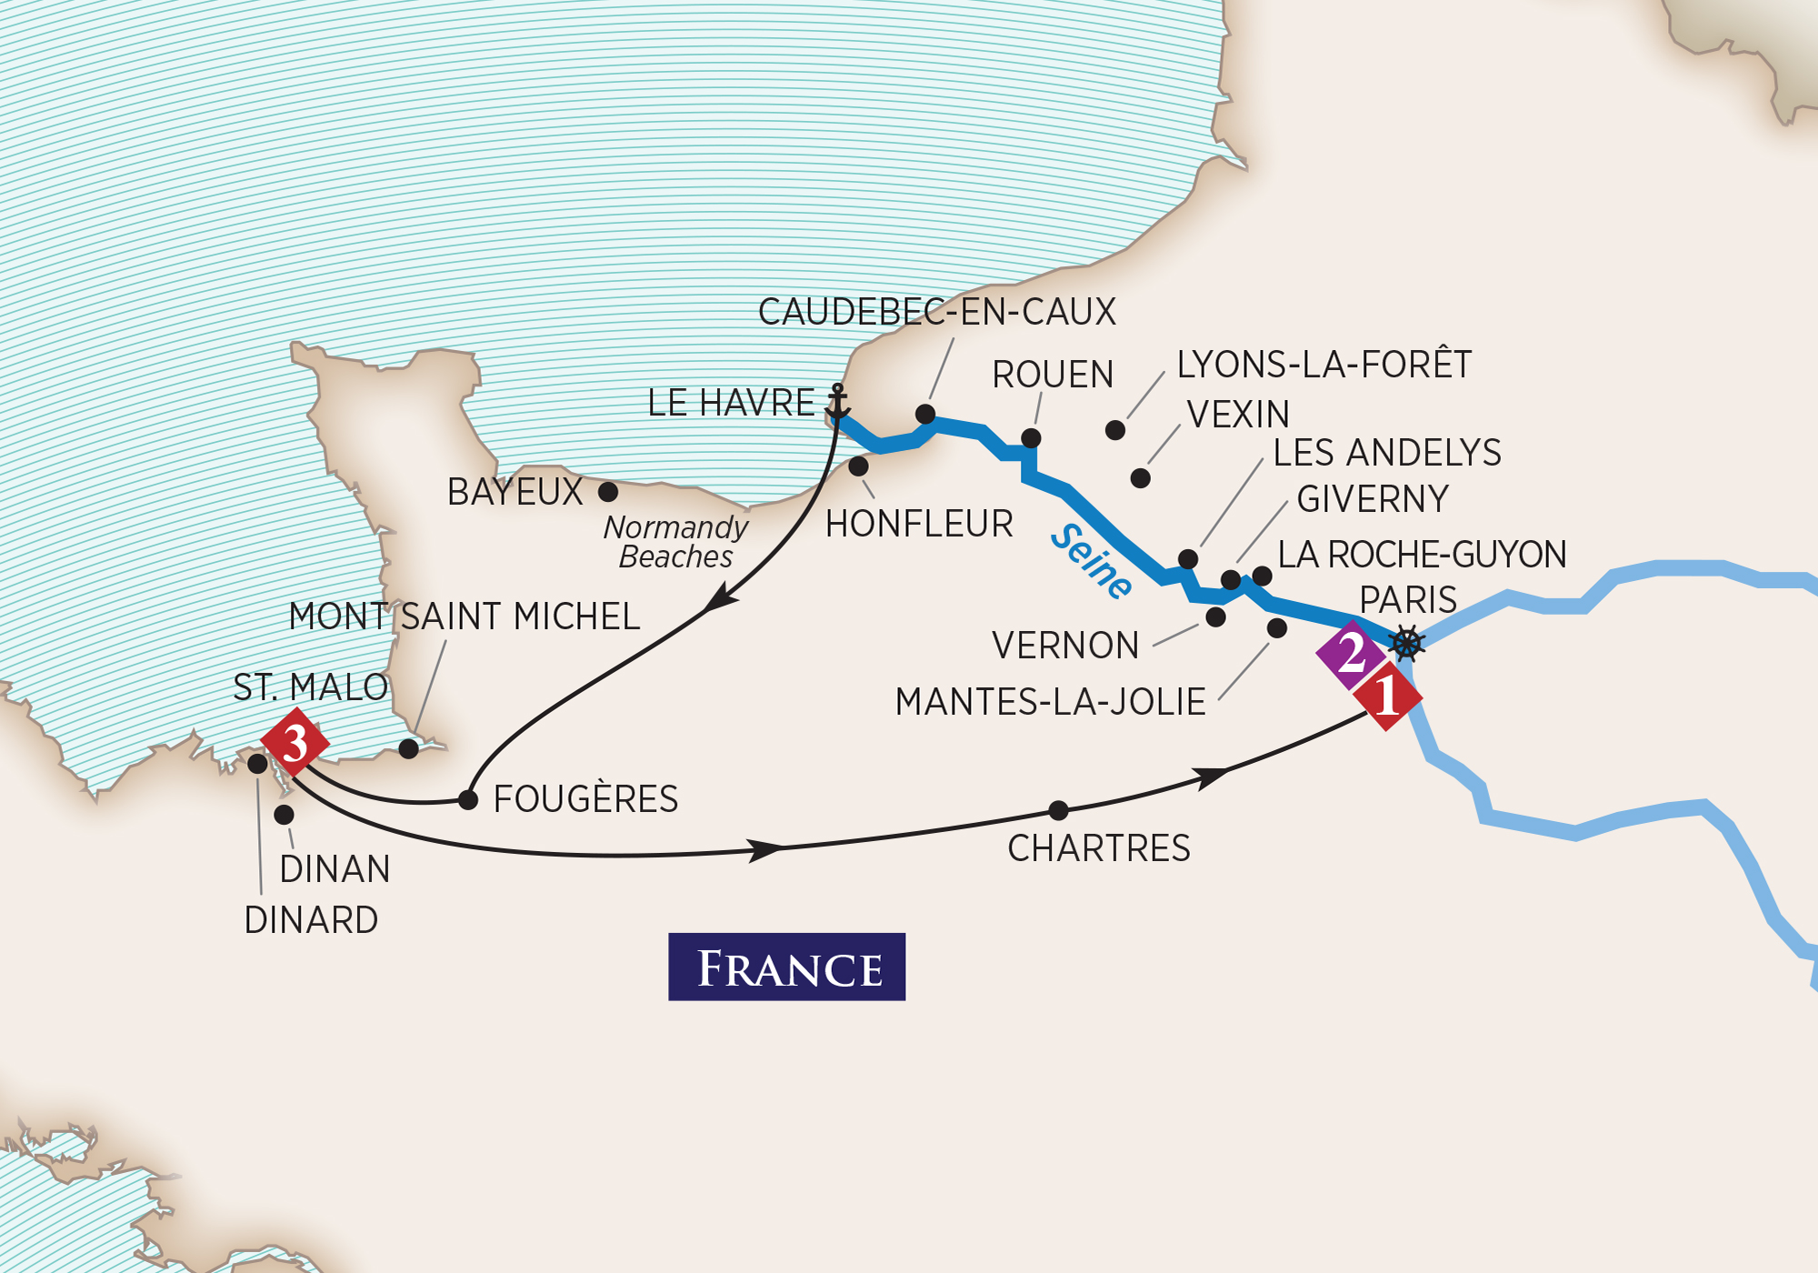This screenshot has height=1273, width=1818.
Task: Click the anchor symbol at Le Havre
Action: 838,402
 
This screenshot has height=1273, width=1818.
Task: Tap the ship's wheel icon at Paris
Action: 1406,643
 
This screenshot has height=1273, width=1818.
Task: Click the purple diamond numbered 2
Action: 1351,654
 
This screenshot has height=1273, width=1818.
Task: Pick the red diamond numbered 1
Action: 1387,697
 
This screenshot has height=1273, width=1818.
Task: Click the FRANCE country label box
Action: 786,967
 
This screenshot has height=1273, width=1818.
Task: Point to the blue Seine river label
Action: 1092,562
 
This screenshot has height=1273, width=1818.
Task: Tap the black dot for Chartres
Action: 1058,809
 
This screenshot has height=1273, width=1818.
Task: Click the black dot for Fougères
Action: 468,800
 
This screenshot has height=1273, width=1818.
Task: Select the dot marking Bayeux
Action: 608,492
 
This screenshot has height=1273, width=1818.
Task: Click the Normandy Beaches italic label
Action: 675,542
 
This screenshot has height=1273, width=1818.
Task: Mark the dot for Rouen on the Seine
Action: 1031,438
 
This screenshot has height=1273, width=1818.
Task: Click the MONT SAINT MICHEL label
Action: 464,616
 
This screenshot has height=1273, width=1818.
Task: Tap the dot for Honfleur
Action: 858,466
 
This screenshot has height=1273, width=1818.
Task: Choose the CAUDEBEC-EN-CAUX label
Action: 936,312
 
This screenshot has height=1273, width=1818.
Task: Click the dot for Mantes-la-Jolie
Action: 1276,627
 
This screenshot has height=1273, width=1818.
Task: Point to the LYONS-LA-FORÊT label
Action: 1324,365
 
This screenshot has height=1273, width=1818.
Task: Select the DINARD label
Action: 311,920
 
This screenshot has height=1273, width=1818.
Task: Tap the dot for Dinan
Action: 284,814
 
